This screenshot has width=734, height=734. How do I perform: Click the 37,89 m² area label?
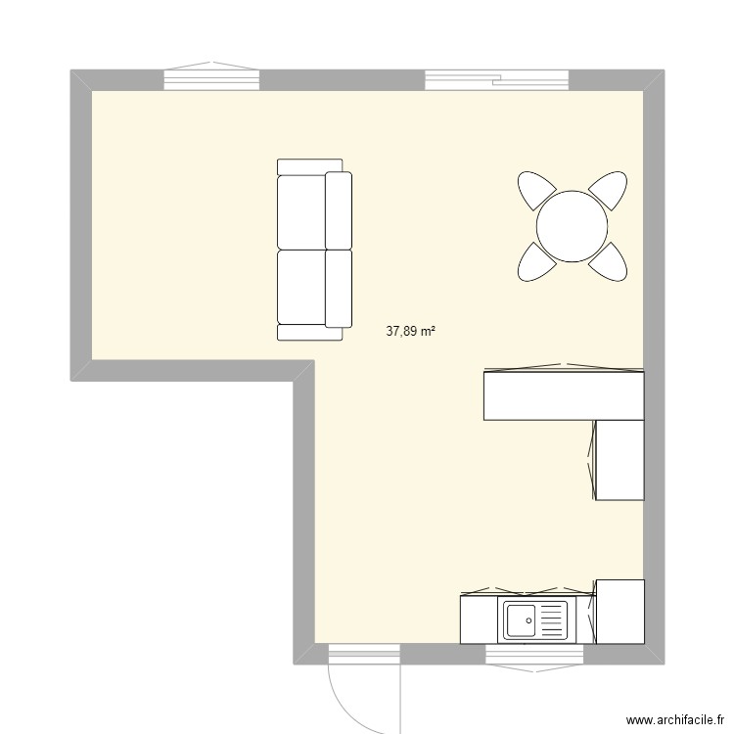[x=411, y=331]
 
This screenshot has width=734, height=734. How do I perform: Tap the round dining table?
[x=573, y=226]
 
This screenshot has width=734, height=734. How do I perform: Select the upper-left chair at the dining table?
[x=535, y=190]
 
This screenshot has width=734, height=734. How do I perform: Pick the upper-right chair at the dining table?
[x=609, y=190]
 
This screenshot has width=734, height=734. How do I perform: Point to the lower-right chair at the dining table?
[x=610, y=262]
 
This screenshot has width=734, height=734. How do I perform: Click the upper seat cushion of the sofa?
[x=303, y=210]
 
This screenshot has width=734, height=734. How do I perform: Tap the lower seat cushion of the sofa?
[x=303, y=286]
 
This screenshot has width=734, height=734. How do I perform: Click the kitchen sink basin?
[x=520, y=619]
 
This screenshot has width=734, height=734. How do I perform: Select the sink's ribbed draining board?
[x=552, y=619]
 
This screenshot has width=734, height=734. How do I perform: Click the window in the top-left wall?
[x=210, y=79]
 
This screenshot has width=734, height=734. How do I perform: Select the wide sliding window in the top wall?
[x=496, y=79]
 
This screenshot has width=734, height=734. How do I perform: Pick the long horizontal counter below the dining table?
[x=563, y=394]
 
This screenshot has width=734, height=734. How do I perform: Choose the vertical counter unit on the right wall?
[x=619, y=459]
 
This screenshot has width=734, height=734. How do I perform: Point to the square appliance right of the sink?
[x=620, y=611]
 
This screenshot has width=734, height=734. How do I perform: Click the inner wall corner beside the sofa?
[x=304, y=370]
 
